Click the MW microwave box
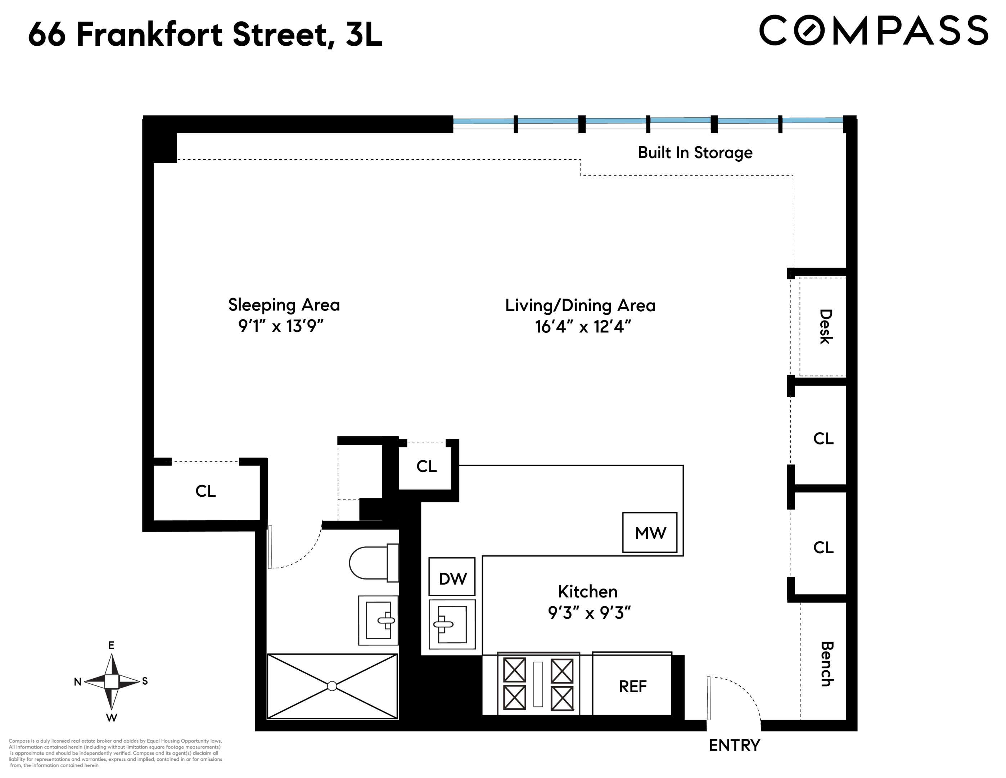pyautogui.click(x=649, y=533)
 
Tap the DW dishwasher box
pyautogui.click(x=452, y=577)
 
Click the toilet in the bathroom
pyautogui.click(x=373, y=563)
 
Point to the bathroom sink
pyautogui.click(x=379, y=620)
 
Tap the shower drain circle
pyautogui.click(x=332, y=686)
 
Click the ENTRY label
pyautogui.click(x=734, y=745)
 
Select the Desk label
pyautogui.click(x=825, y=326)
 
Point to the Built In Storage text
pyautogui.click(x=695, y=153)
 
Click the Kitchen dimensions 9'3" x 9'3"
pyautogui.click(x=589, y=613)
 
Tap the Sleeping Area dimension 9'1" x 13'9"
pyautogui.click(x=280, y=326)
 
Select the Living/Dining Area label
pyautogui.click(x=580, y=305)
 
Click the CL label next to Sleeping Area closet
pyautogui.click(x=206, y=491)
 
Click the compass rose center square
pyautogui.click(x=112, y=681)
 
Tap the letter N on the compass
pyautogui.click(x=77, y=682)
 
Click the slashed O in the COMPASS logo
pyautogui.click(x=809, y=30)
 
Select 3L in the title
pyautogui.click(x=364, y=35)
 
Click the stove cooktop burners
pyautogui.click(x=538, y=684)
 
